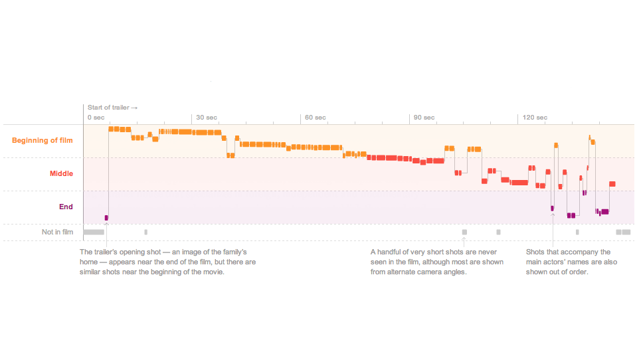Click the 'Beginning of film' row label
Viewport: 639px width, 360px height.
(x=43, y=141)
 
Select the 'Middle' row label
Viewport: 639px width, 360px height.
(x=61, y=174)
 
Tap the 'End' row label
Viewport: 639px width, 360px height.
(x=66, y=207)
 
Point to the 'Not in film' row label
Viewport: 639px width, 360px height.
(x=57, y=232)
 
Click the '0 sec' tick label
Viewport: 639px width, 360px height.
(x=96, y=118)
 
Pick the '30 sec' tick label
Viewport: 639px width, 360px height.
(x=207, y=118)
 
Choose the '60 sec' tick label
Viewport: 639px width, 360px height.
(x=316, y=118)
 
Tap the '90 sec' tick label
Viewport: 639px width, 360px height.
(x=424, y=118)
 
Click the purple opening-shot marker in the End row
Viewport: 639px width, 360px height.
(x=106, y=217)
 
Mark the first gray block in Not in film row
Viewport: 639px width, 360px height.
(x=94, y=232)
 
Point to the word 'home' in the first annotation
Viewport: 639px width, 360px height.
(x=89, y=262)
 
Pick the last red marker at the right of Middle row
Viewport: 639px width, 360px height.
(x=612, y=184)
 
